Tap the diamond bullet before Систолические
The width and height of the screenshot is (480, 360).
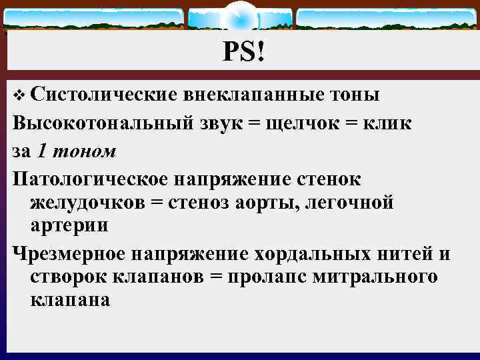point(18,95)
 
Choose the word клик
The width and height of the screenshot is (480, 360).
point(387,124)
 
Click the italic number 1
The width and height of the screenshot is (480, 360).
point(43,151)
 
